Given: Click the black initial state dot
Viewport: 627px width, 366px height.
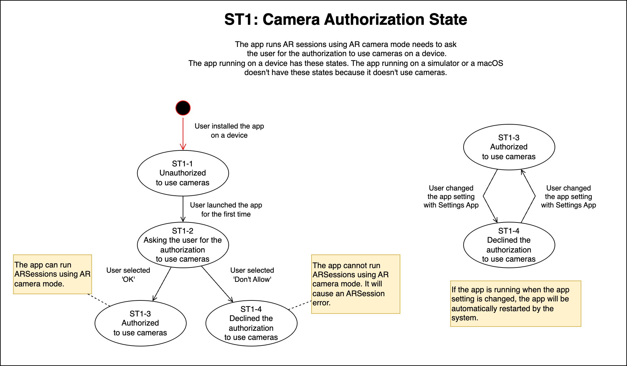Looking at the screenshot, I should pos(183,108).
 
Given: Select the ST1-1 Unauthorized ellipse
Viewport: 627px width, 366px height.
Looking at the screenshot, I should pos(183,173).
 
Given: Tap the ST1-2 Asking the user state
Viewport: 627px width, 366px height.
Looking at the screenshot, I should pos(183,245).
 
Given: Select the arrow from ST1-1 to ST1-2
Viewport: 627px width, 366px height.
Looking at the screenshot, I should pos(183,209).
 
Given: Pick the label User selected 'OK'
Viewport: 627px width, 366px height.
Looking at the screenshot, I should pos(128,275).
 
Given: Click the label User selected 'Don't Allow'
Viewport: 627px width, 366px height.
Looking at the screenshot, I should pos(252,275).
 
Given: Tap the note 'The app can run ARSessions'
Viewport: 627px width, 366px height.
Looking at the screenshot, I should pos(52,274).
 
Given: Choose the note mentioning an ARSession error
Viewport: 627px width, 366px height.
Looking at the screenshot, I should pos(356,284).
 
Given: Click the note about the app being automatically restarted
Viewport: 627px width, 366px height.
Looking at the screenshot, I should pos(515,304).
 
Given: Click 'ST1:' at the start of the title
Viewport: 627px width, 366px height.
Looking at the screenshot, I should pos(241,20).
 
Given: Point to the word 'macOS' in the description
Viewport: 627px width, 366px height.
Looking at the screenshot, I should pos(490,63).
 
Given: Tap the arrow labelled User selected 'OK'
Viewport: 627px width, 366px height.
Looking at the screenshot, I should pos(162,284).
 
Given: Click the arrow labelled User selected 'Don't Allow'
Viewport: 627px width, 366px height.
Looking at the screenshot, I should pos(217,284).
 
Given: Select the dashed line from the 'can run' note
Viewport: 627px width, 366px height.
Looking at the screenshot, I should pos(99,300).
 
